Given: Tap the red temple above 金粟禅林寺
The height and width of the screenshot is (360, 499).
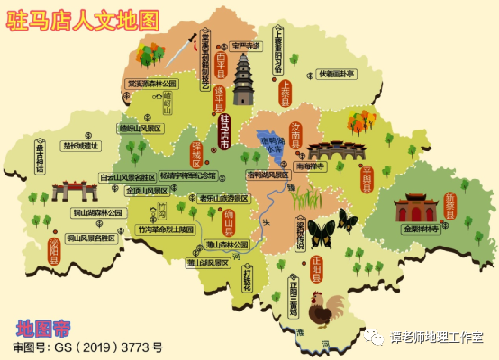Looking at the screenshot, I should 416,208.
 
